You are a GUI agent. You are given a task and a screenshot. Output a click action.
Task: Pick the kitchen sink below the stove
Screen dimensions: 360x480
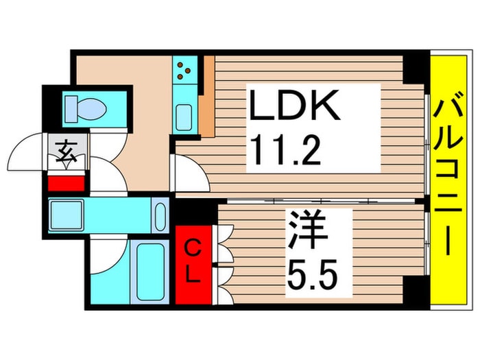(184, 116)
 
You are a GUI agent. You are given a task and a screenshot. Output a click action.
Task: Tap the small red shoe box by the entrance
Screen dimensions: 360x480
(66, 183)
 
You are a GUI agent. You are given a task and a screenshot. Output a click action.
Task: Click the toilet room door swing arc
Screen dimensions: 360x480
(107, 171)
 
